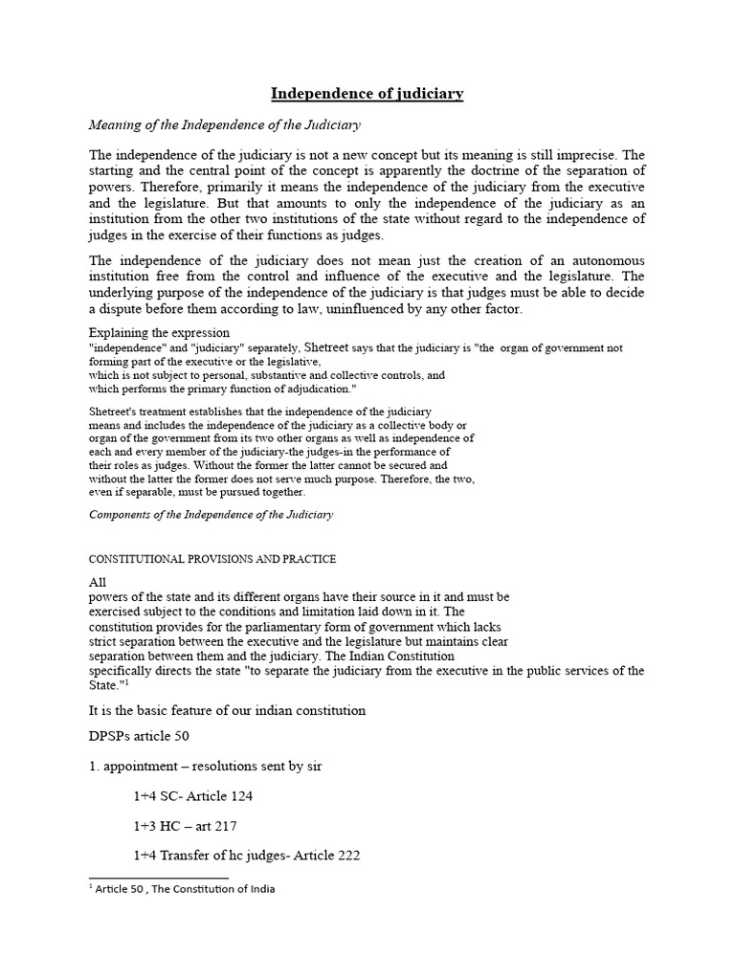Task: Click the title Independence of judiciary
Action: tap(367, 94)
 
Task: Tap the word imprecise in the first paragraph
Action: tap(585, 155)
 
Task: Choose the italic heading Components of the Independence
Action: tap(211, 514)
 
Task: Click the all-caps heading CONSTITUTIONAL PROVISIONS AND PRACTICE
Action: tap(212, 559)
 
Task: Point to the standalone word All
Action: tap(98, 582)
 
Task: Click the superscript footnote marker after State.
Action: tap(123, 682)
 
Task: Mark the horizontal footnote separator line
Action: tap(158, 877)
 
